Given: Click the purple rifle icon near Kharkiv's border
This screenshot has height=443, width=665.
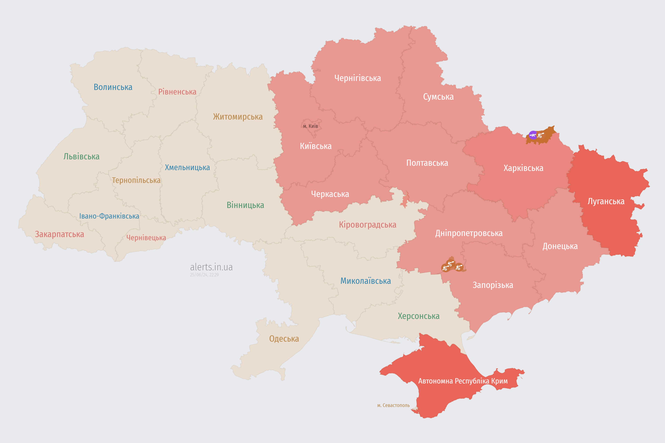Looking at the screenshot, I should click(533, 135).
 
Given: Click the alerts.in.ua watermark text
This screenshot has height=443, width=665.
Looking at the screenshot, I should click(211, 267).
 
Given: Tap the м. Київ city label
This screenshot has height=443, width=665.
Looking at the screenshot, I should click(311, 126).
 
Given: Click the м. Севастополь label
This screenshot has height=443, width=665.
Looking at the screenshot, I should click(393, 405).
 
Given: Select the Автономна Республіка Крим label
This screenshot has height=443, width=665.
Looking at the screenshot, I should click(463, 381).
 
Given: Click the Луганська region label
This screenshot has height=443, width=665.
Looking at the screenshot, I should click(606, 201).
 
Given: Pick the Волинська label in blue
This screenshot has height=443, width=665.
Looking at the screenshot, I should click(113, 87).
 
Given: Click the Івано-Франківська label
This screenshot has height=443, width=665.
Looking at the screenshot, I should click(109, 216).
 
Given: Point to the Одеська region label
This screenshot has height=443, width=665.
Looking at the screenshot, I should click(284, 339).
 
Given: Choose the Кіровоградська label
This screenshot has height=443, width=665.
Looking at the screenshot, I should click(367, 225).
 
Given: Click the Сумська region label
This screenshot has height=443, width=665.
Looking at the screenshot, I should click(438, 97).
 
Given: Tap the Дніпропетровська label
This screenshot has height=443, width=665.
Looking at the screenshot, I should click(469, 233).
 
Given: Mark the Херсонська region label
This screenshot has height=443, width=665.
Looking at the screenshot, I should click(418, 316).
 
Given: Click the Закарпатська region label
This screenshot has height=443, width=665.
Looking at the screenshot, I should click(59, 234).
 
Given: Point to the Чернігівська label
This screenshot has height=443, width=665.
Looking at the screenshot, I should click(357, 78).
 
